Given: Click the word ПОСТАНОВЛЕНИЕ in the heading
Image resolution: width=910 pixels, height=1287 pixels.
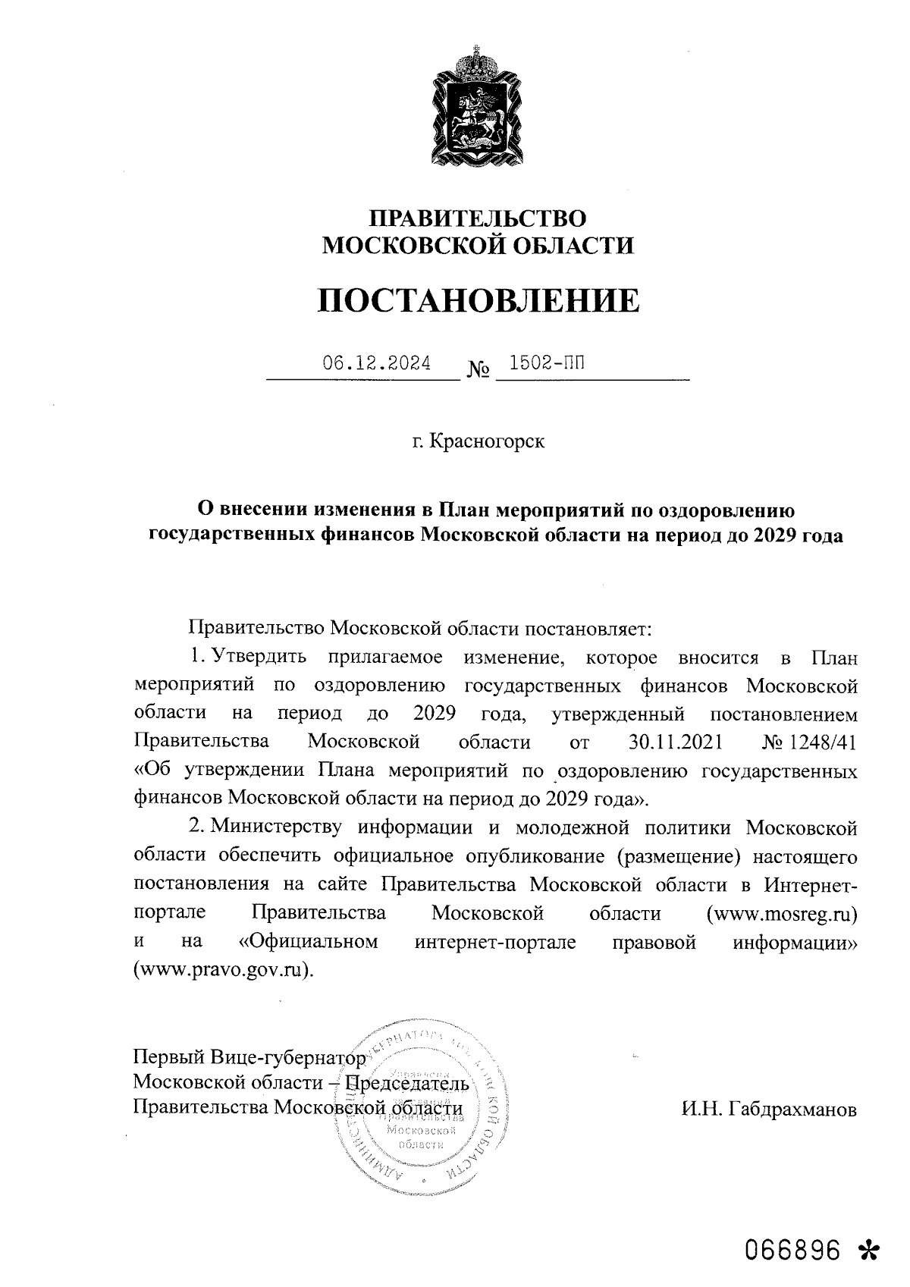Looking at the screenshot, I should pyautogui.click(x=477, y=301).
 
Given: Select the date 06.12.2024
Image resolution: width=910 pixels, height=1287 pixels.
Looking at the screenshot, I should pyautogui.click(x=377, y=363).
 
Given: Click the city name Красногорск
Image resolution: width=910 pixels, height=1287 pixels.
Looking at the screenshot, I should pyautogui.click(x=487, y=441).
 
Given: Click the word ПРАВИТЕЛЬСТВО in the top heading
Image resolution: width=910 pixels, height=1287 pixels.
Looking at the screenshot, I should pyautogui.click(x=477, y=219).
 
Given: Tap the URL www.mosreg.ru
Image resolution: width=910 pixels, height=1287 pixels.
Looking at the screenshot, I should pyautogui.click(x=782, y=913).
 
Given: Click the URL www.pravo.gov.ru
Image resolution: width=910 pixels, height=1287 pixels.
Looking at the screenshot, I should pyautogui.click(x=222, y=970).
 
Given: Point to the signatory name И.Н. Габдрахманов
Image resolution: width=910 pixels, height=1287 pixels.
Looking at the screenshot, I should pyautogui.click(x=768, y=1110).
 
